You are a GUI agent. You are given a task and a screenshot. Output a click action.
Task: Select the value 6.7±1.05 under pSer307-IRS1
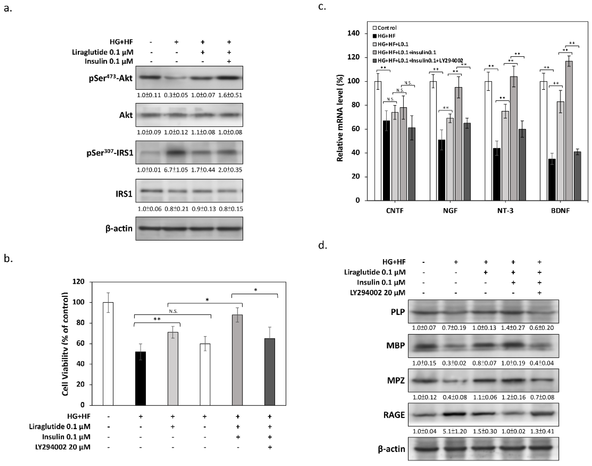coord(176,170)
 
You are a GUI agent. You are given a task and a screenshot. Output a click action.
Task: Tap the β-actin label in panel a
coord(119,229)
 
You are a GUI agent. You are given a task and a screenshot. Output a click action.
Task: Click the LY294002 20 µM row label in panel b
coord(63,447)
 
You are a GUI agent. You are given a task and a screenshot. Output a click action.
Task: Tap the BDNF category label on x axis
coord(560,211)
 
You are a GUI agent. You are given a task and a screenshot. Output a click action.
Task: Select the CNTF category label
coord(395,211)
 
